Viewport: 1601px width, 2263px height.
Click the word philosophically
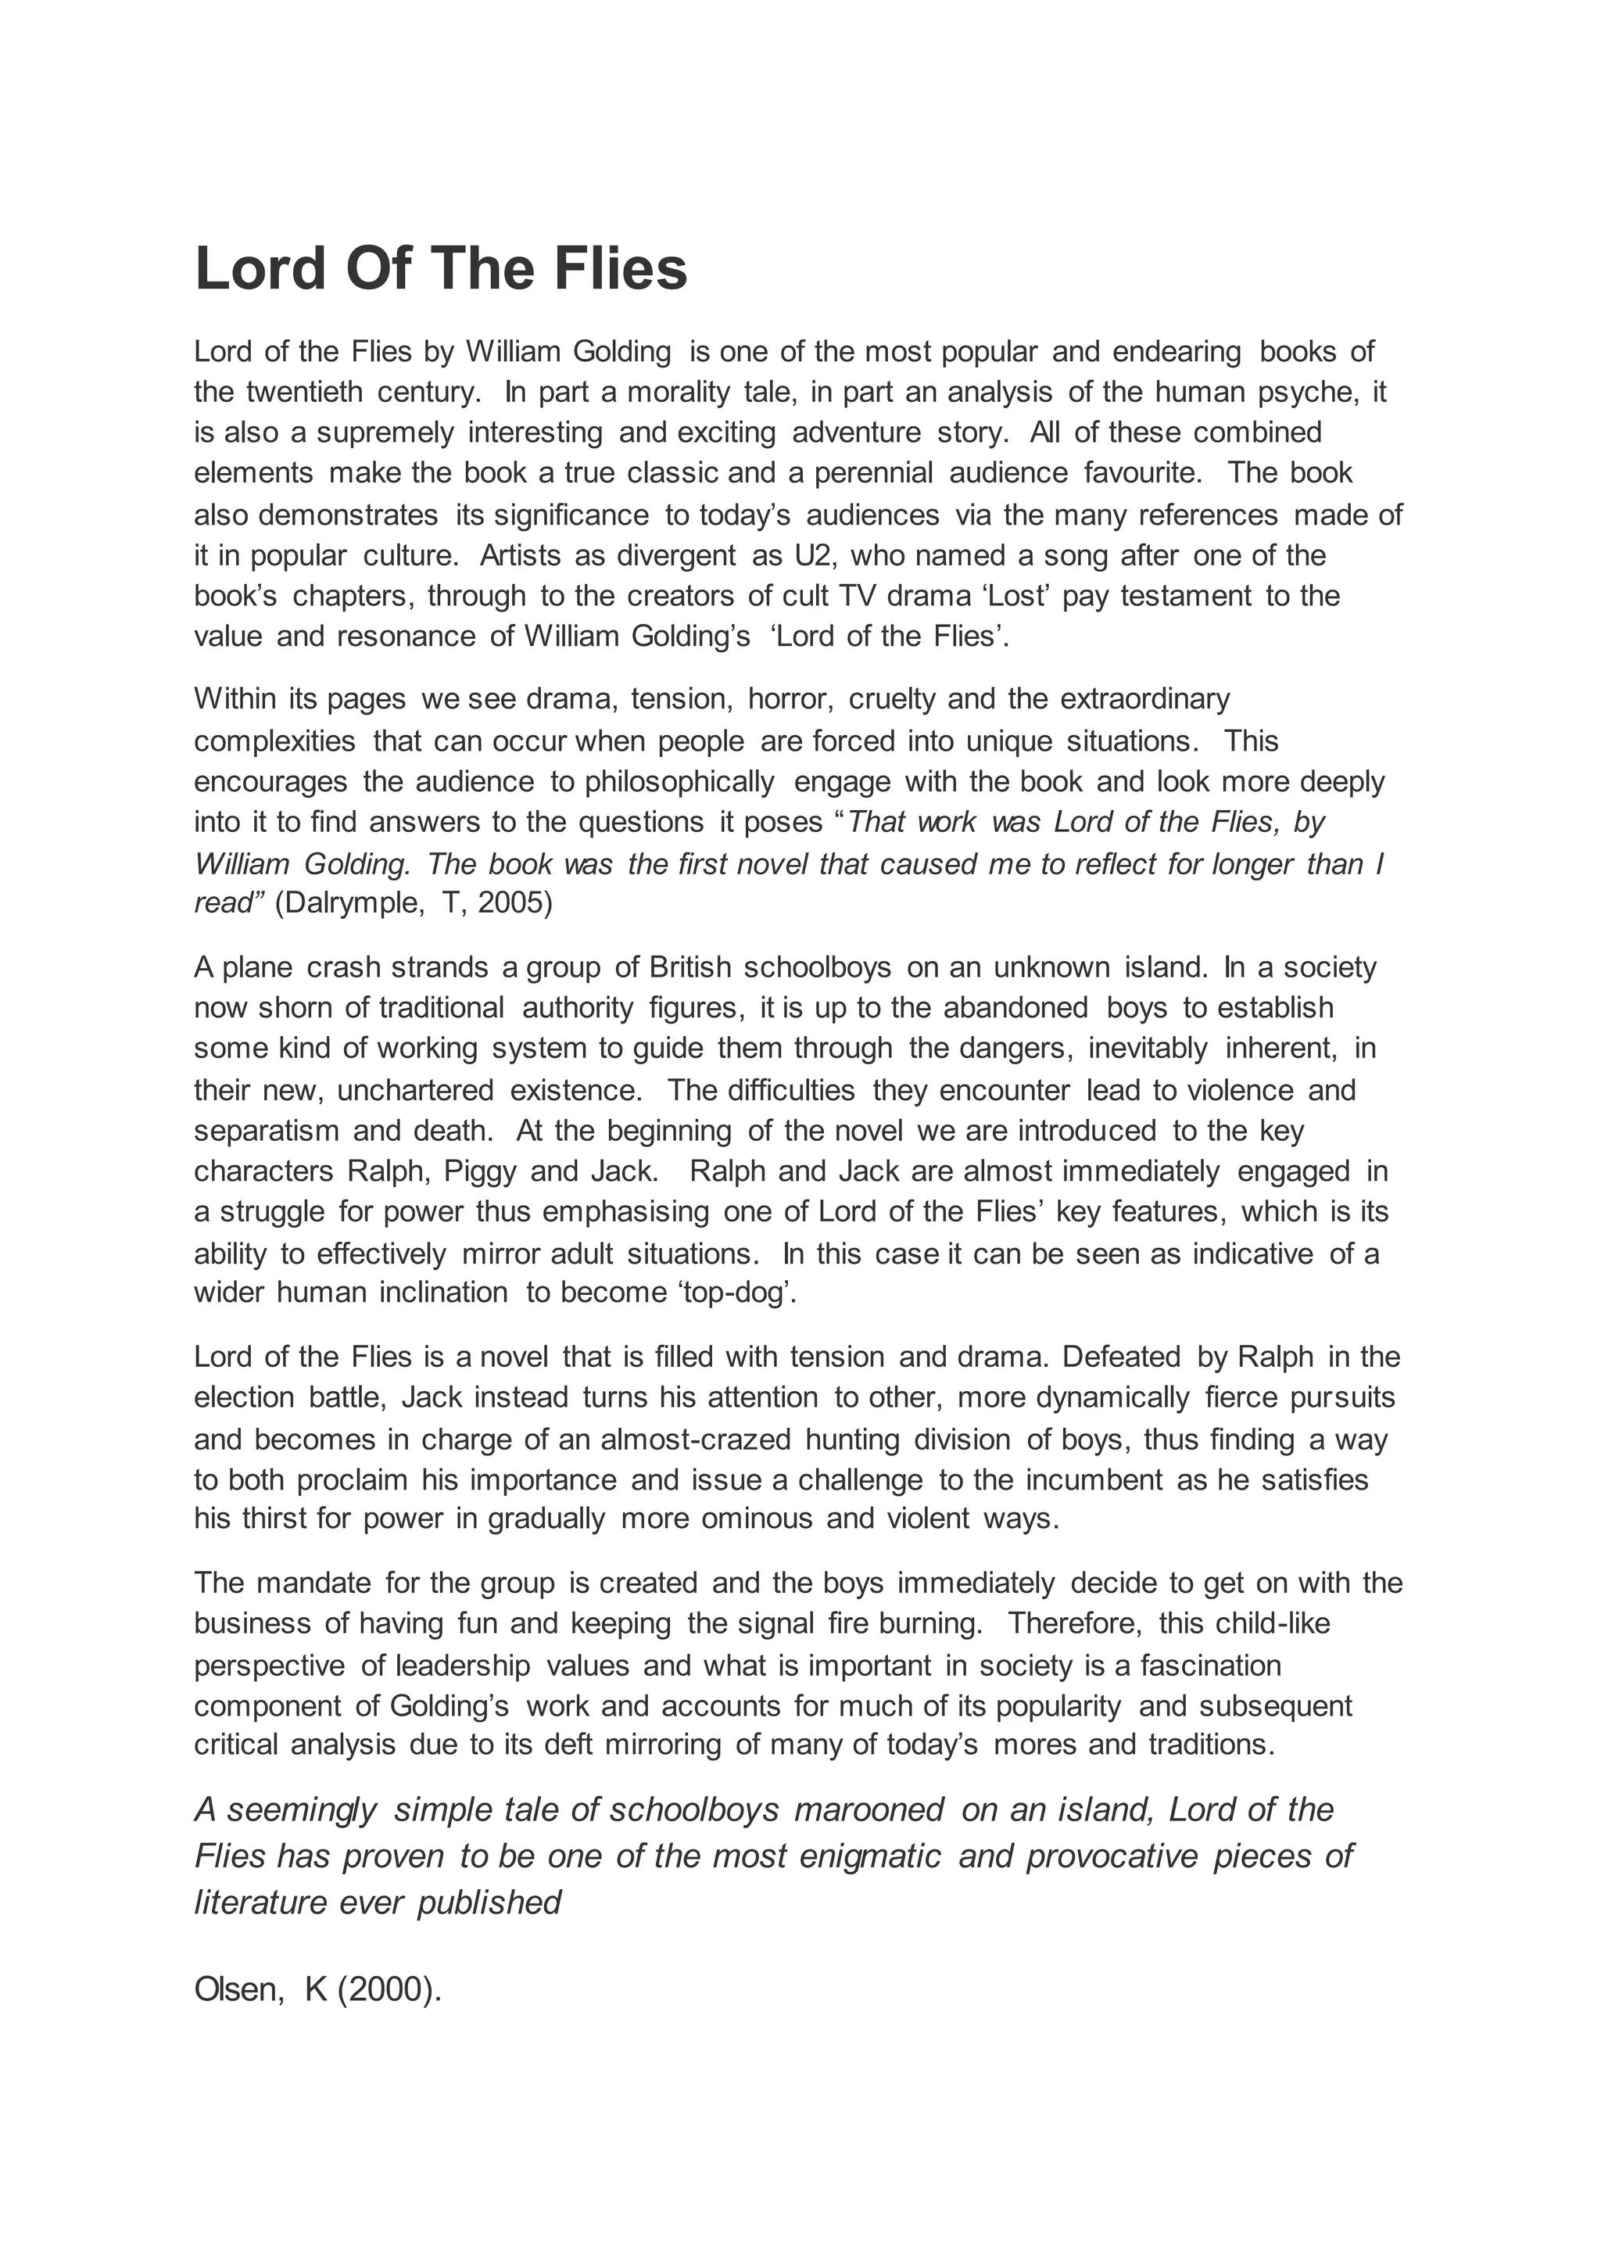(x=679, y=782)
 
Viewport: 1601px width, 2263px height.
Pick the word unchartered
(x=415, y=1091)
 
